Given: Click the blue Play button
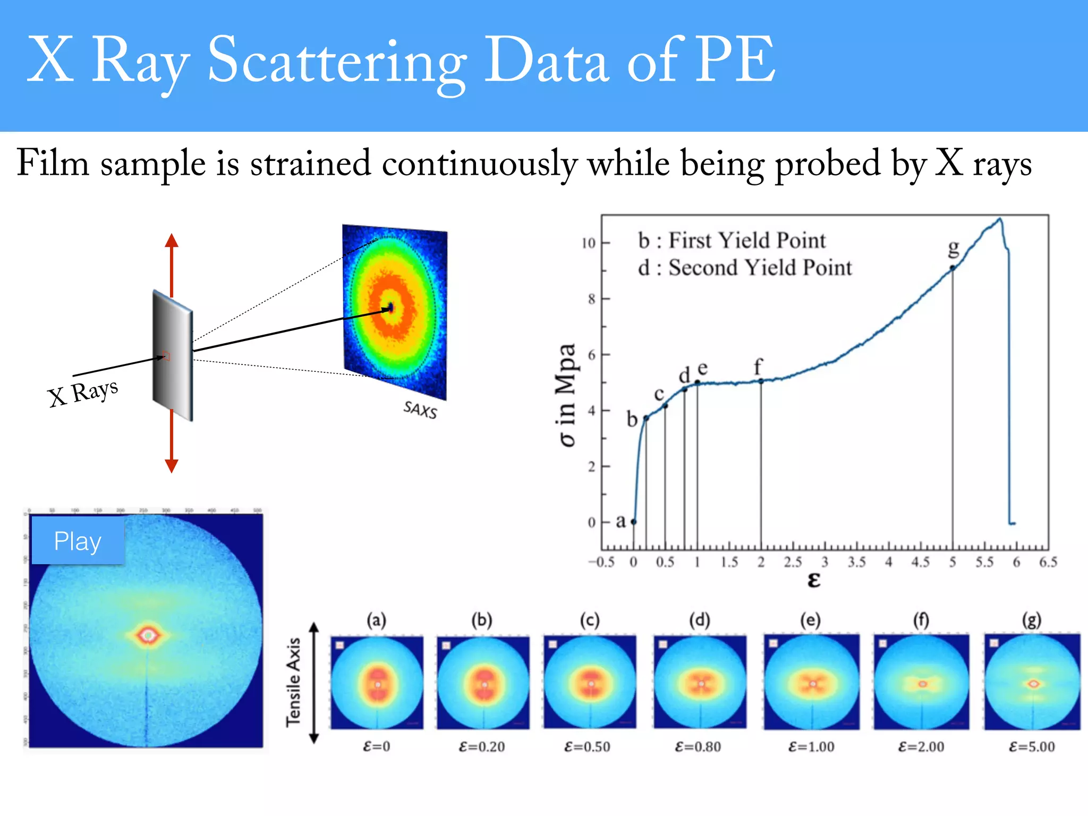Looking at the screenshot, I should tap(78, 541).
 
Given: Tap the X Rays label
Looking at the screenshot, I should tap(83, 393).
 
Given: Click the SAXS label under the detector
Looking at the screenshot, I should tap(420, 410).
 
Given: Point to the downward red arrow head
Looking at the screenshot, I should tap(171, 465).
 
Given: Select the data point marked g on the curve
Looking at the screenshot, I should tap(953, 268).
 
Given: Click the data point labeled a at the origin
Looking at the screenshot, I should tap(633, 522).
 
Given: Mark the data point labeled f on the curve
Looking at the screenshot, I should tap(761, 381).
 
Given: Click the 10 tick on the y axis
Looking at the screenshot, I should tap(589, 243).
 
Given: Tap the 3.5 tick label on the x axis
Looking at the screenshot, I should tap(856, 562).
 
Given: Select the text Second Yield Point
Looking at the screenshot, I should tap(760, 268).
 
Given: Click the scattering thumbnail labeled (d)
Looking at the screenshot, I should tap(700, 683).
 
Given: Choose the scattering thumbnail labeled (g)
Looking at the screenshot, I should tap(1032, 683).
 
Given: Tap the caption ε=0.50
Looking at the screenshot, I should tap(587, 747).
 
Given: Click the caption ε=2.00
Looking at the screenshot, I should tap(921, 747).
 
